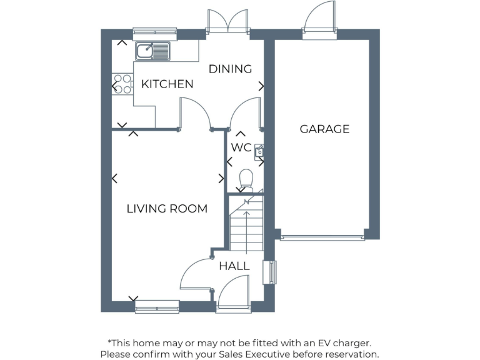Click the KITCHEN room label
[167, 84]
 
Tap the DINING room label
[230, 69]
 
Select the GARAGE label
[324, 129]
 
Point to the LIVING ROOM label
[167, 209]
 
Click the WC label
[241, 147]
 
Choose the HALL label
[234, 266]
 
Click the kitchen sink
[152, 50]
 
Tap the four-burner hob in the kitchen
[122, 84]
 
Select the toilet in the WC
[246, 180]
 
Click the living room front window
[157, 306]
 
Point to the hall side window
[272, 272]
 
